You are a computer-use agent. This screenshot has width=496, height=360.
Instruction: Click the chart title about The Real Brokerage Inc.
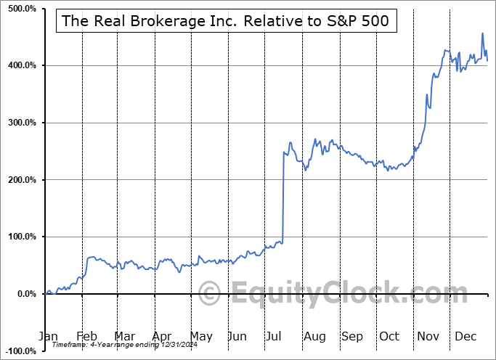(x=226, y=21)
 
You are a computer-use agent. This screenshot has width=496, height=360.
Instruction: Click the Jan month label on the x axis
(x=48, y=337)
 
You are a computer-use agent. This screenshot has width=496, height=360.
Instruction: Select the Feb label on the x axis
(x=86, y=337)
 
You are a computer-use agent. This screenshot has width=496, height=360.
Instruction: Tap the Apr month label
(x=162, y=337)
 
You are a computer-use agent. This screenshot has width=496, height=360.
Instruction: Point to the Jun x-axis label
(x=238, y=337)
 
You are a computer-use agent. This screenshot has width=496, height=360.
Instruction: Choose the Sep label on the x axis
(x=352, y=337)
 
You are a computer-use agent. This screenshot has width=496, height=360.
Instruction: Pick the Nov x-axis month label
(x=428, y=337)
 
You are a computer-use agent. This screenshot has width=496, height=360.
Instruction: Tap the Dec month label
(x=466, y=337)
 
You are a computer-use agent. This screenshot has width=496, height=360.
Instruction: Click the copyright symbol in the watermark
(x=210, y=295)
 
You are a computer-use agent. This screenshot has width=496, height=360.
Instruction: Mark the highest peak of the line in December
(x=482, y=33)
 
